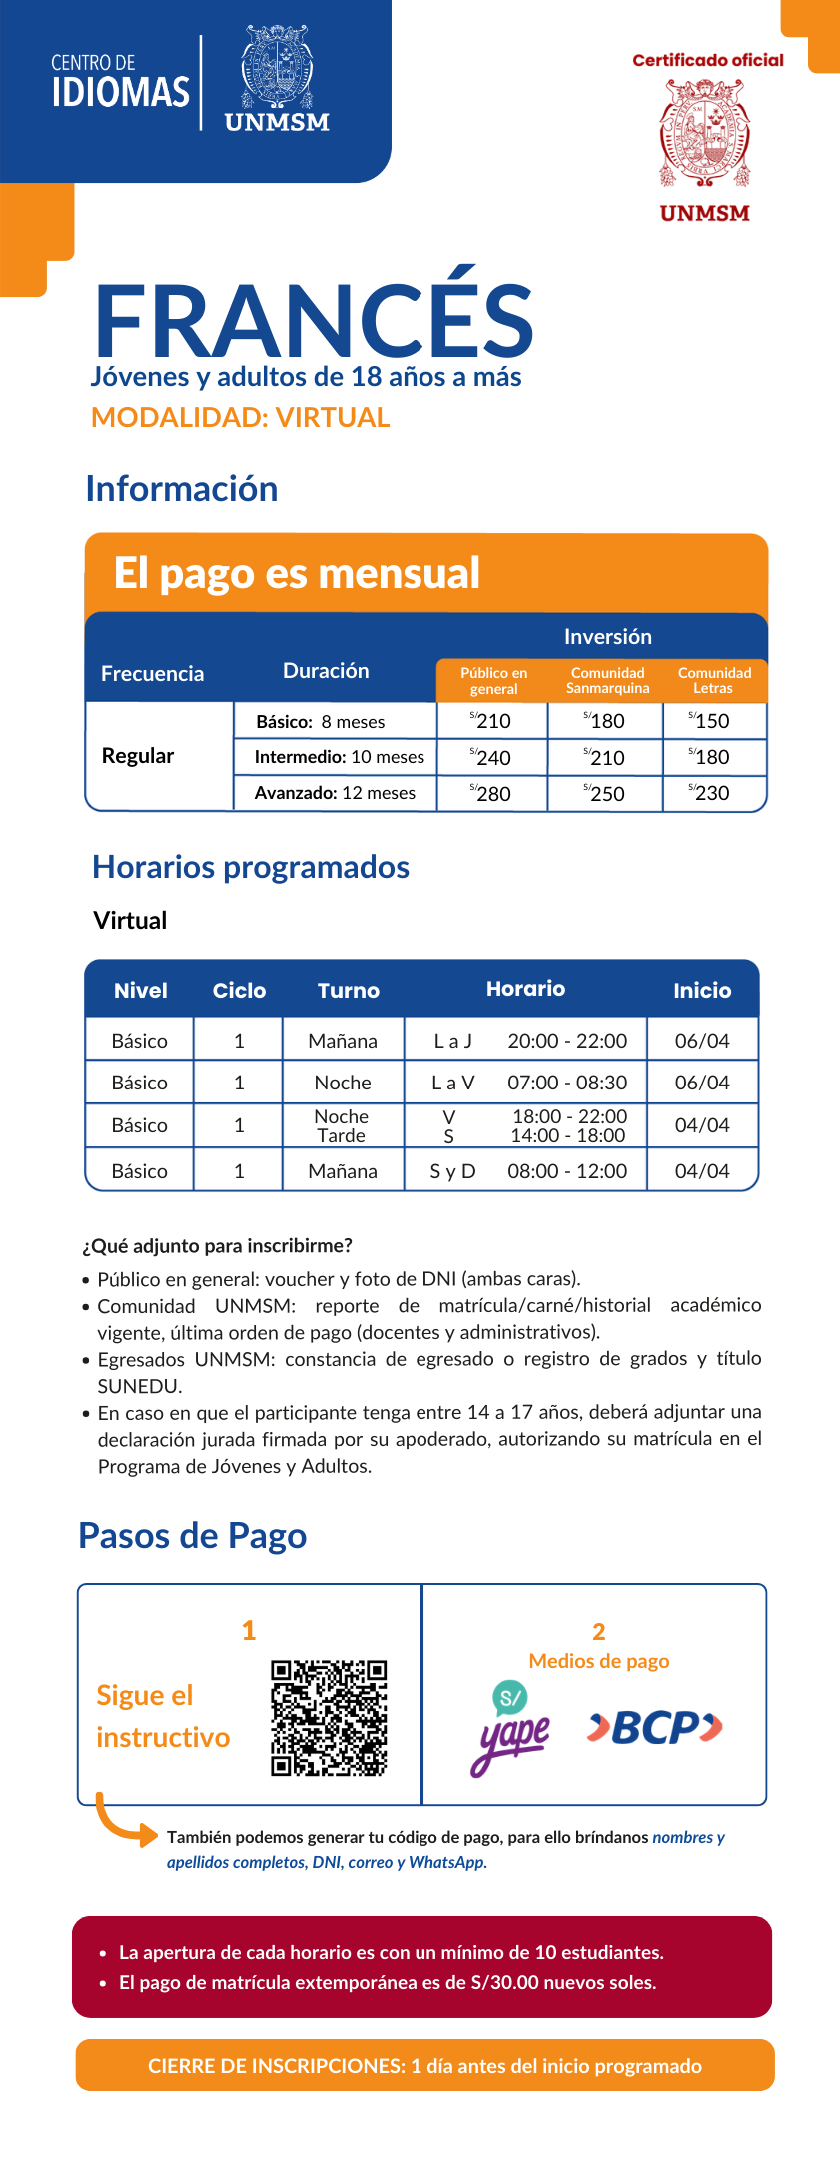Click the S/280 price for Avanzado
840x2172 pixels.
pyautogui.click(x=491, y=793)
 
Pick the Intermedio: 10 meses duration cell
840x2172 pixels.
pyautogui.click(x=339, y=757)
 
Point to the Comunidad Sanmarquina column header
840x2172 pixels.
pyautogui.click(x=607, y=680)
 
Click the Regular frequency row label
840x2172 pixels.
pyautogui.click(x=138, y=756)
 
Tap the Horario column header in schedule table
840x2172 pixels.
pyautogui.click(x=525, y=989)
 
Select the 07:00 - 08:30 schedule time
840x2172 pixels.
pyautogui.click(x=567, y=1083)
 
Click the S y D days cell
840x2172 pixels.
pyautogui.click(x=452, y=1171)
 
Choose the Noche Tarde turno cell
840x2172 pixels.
pyautogui.click(x=342, y=1126)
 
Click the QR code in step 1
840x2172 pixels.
pyautogui.click(x=328, y=1718)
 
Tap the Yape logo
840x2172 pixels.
pyautogui.click(x=510, y=1729)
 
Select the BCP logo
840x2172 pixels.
pyautogui.click(x=654, y=1727)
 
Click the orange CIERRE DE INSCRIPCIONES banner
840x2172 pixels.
pyautogui.click(x=424, y=2065)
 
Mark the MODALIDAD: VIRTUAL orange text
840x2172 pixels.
pyautogui.click(x=240, y=417)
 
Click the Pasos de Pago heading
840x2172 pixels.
pyautogui.click(x=192, y=1535)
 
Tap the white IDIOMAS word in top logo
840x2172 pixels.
pyautogui.click(x=120, y=92)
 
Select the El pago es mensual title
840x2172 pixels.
pyautogui.click(x=297, y=573)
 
